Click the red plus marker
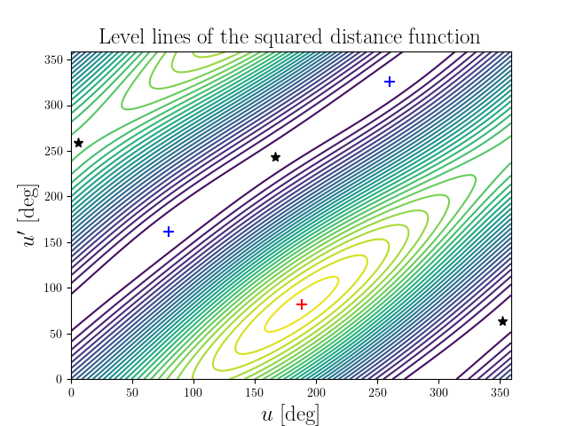(x=302, y=304)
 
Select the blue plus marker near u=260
(x=390, y=82)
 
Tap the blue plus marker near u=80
(x=169, y=232)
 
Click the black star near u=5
(x=78, y=143)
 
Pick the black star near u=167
(x=275, y=157)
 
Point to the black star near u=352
(x=502, y=321)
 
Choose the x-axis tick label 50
(x=132, y=391)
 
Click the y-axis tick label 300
(x=54, y=105)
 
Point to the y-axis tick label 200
(x=54, y=196)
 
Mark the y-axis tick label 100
(x=54, y=288)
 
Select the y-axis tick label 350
(x=54, y=59)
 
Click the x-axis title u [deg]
(x=291, y=414)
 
